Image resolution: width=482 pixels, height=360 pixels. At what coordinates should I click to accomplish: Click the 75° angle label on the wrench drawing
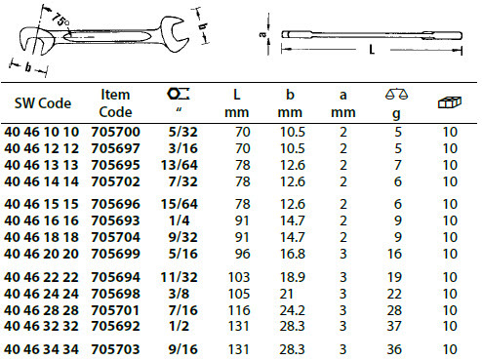point(60,20)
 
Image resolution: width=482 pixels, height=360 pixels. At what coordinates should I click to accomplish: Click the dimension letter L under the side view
point(372,50)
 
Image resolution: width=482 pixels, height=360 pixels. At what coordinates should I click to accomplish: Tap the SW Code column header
point(43,103)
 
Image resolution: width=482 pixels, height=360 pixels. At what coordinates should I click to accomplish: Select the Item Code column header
point(115,103)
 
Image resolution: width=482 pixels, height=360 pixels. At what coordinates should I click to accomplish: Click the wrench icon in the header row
point(179,94)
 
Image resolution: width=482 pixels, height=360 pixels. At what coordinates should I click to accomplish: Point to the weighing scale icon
point(396,94)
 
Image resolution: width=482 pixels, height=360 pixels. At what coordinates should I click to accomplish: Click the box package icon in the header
point(450,102)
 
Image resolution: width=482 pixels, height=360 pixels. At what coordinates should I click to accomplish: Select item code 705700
point(115,132)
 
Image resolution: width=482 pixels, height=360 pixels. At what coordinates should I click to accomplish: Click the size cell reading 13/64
point(180,165)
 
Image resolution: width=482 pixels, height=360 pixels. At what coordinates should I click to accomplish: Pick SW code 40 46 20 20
point(41,254)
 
